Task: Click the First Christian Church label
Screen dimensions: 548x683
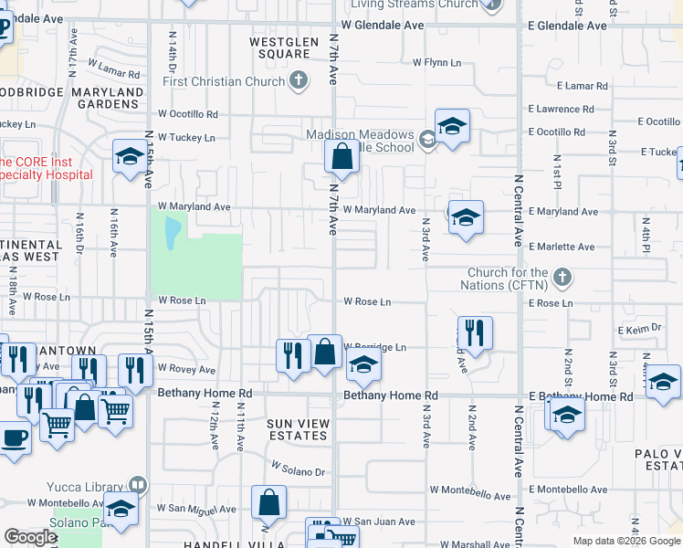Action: tap(224, 82)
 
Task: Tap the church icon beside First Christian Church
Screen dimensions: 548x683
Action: tap(297, 82)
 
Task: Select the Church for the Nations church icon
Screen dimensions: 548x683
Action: tap(563, 277)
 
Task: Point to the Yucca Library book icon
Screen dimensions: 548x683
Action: tap(137, 484)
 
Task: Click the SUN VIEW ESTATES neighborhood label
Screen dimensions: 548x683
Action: tap(297, 429)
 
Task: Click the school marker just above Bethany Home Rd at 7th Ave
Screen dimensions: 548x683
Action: tap(363, 365)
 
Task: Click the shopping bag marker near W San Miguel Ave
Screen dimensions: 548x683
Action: tap(268, 501)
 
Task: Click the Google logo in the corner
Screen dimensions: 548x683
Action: tap(31, 537)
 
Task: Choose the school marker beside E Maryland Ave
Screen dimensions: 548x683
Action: tap(466, 216)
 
